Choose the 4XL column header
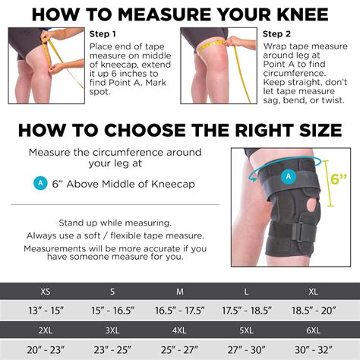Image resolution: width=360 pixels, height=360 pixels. tap(180, 330)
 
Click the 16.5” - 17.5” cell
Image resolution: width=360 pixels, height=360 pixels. tap(180, 310)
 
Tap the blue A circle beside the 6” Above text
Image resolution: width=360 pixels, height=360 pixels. tap(39, 183)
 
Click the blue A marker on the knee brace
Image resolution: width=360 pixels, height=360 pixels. tap(287, 176)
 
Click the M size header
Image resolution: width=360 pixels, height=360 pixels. tap(180, 291)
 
